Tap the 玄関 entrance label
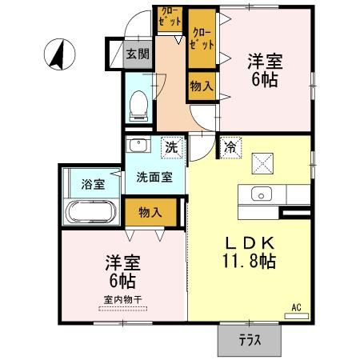point(138,54)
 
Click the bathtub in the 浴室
point(90,214)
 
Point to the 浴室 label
point(92,185)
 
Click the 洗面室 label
point(154,178)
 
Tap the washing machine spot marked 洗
point(170,147)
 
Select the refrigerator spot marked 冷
point(230,147)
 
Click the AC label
point(296,306)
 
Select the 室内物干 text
point(122,300)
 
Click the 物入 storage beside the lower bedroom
point(150,212)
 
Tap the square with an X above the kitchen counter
point(262,162)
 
